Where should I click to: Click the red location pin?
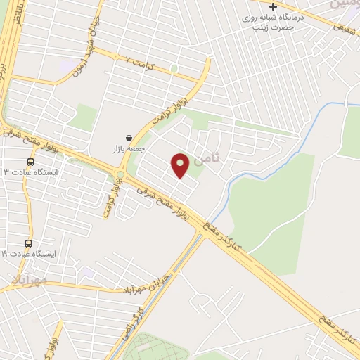[x=181, y=165]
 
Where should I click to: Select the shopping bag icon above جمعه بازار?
[x=128, y=138]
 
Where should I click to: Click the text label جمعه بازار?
[x=128, y=149]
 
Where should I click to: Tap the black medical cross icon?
[x=274, y=6]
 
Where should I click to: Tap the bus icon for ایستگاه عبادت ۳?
[x=30, y=162]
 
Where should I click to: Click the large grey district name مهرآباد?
[x=29, y=281]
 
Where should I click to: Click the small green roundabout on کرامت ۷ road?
[x=173, y=69]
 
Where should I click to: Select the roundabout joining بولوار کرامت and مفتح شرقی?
[x=120, y=174]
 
